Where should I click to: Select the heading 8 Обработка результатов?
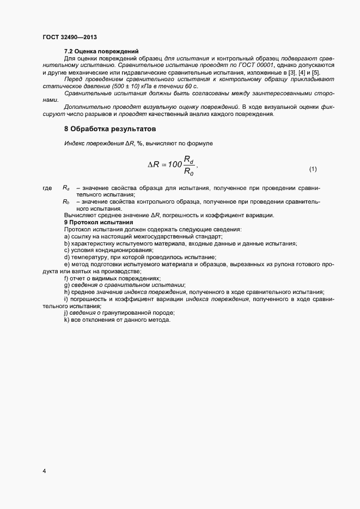click(x=110, y=130)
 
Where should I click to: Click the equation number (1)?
click(x=313, y=169)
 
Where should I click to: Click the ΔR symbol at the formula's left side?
click(x=154, y=164)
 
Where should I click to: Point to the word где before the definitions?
click(x=47, y=188)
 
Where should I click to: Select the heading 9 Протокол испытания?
click(x=98, y=223)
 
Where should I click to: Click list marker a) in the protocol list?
click(x=66, y=237)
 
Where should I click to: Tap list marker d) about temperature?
click(x=66, y=257)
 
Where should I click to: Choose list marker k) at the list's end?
click(x=66, y=320)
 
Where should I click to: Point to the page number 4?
click(x=44, y=470)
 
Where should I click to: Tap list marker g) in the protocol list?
click(x=66, y=285)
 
